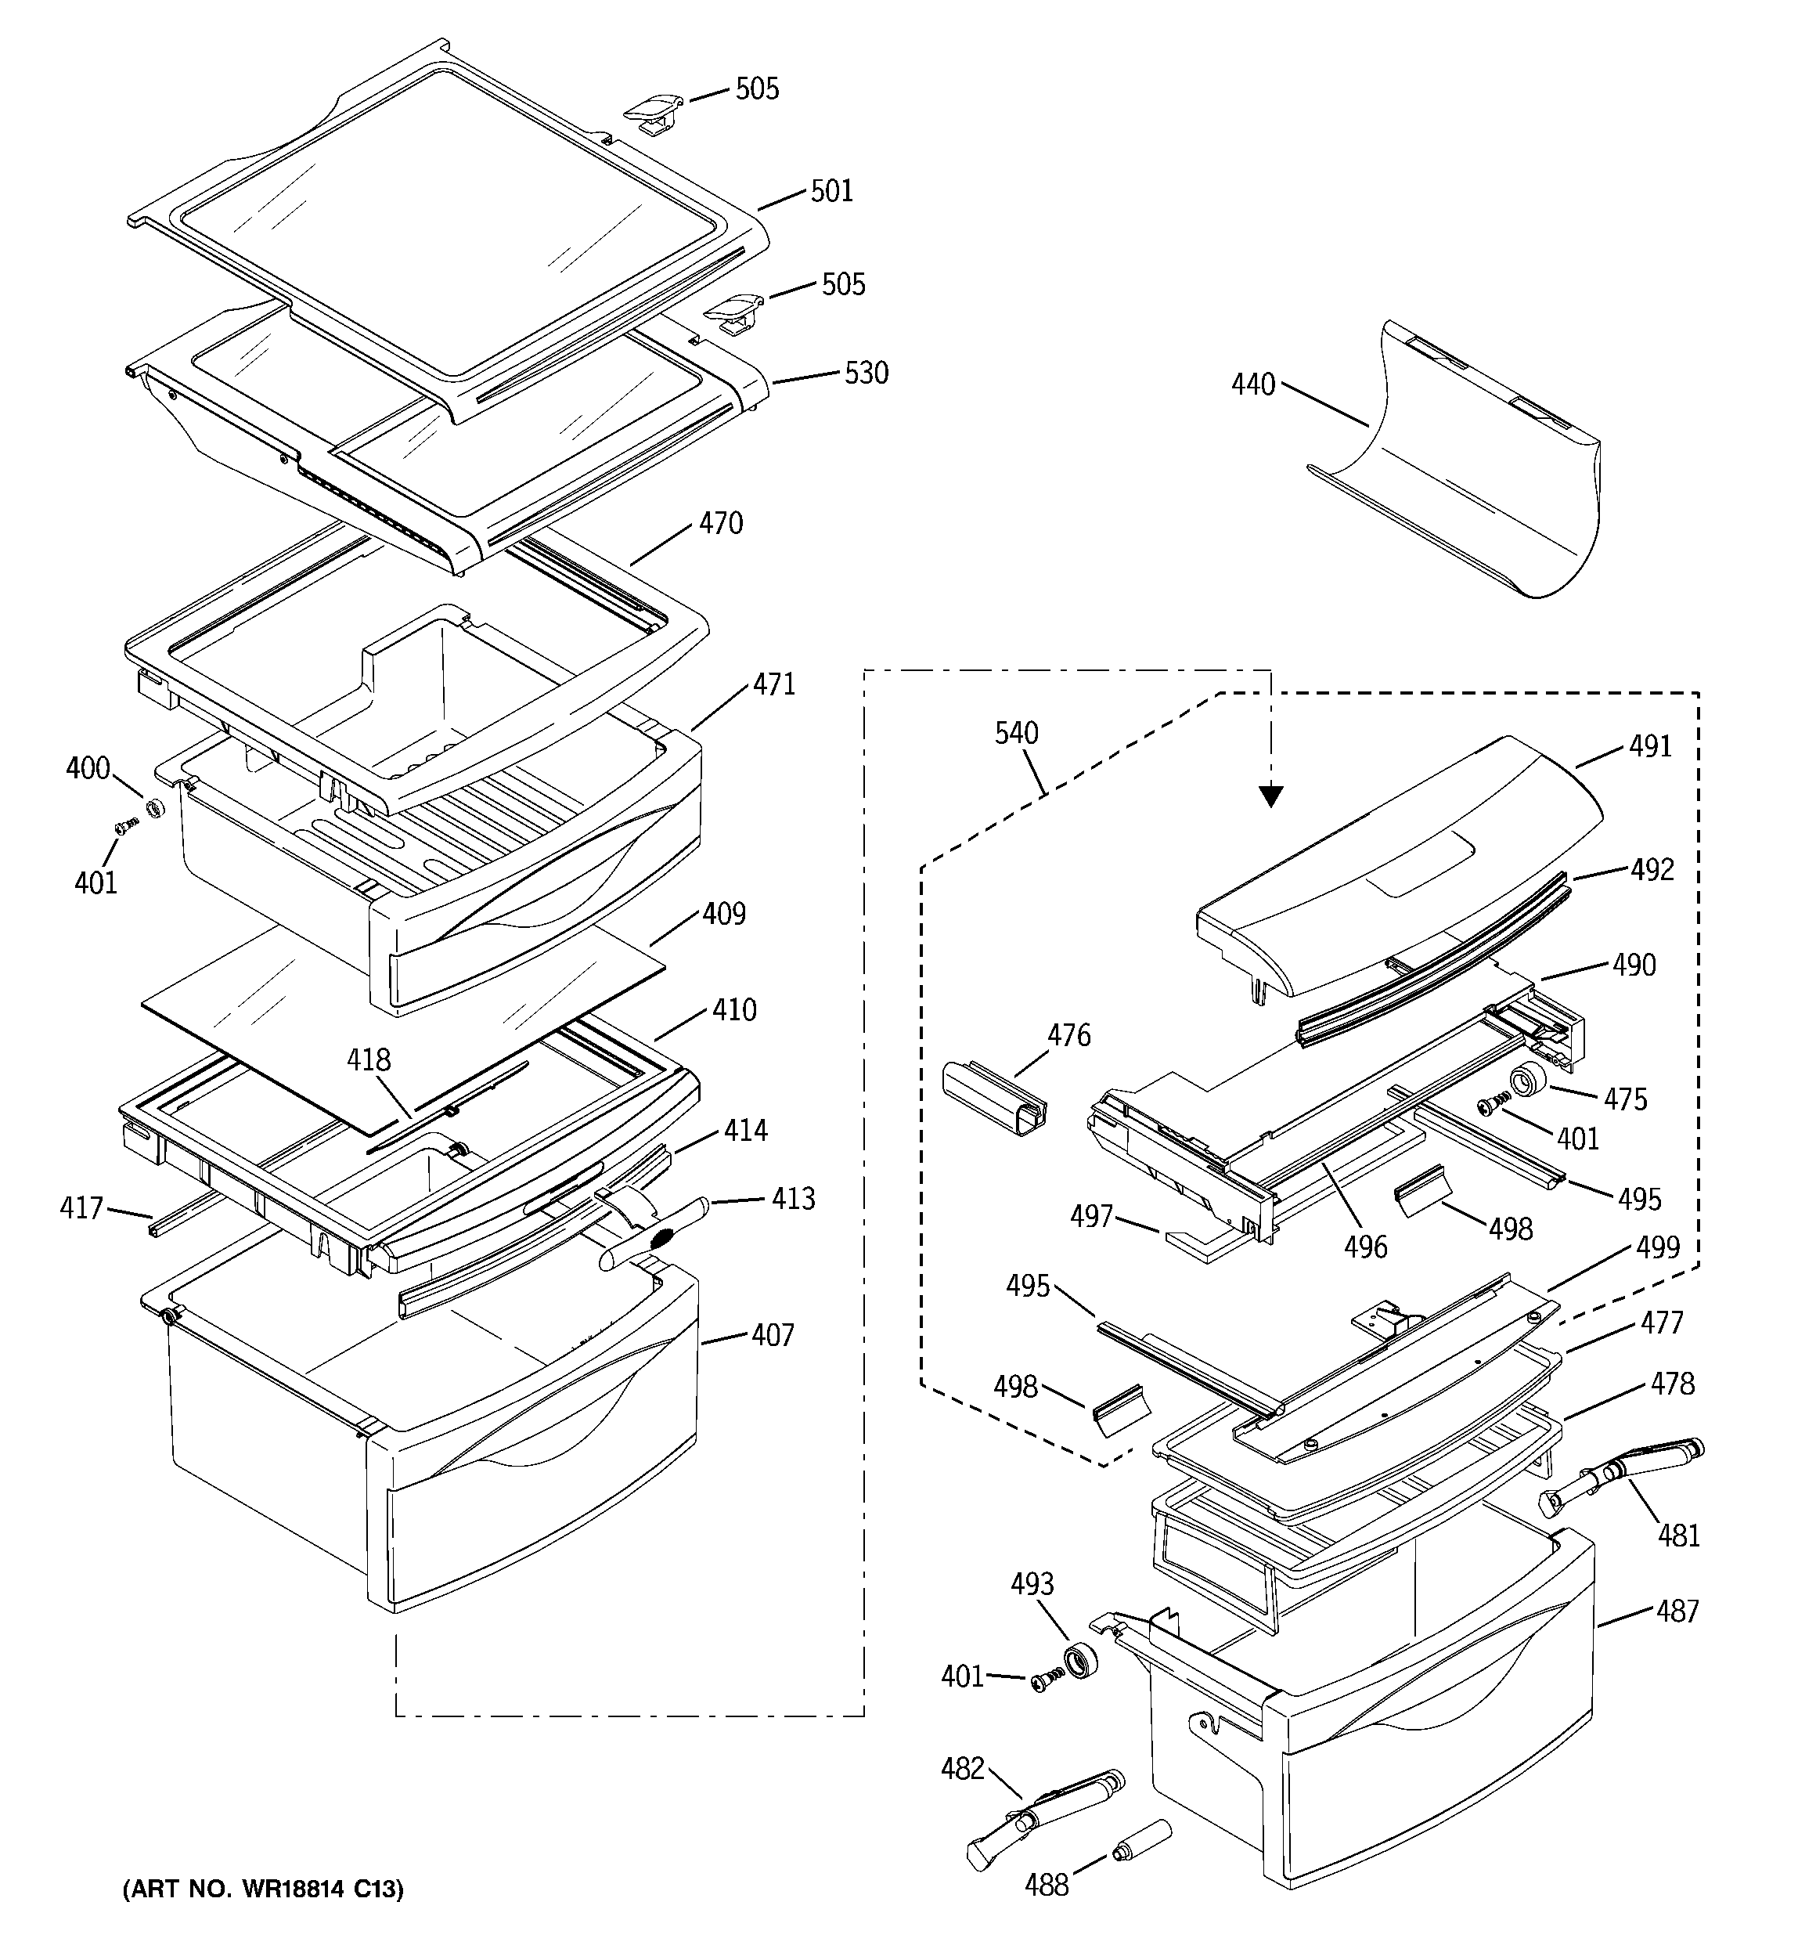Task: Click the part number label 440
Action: (x=1252, y=386)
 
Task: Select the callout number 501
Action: (x=831, y=191)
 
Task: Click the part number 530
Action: (x=866, y=374)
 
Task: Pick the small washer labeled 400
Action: (x=153, y=808)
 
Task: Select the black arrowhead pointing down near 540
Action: (x=1269, y=796)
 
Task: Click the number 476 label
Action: (x=1068, y=1035)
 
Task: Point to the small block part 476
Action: (x=994, y=1099)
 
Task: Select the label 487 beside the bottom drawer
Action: (x=1677, y=1611)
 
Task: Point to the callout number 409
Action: (x=723, y=915)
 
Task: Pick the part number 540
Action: (x=1016, y=733)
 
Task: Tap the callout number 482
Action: (x=962, y=1768)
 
